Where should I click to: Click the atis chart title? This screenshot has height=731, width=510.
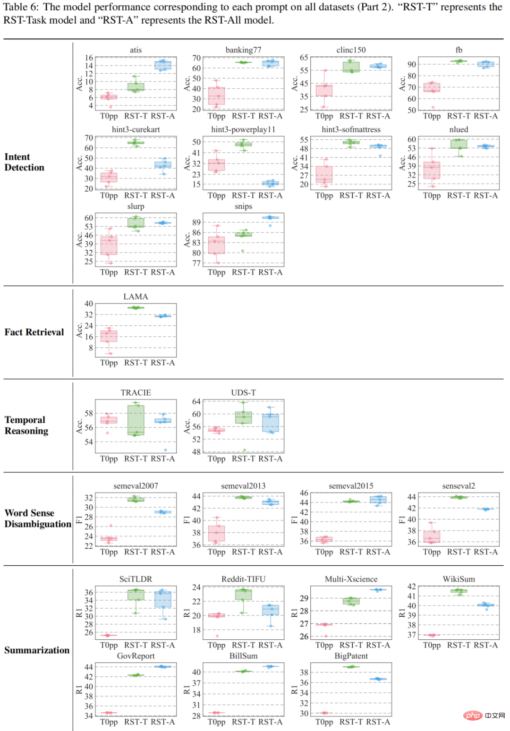pyautogui.click(x=136, y=50)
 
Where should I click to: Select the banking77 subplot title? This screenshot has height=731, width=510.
pyautogui.click(x=243, y=50)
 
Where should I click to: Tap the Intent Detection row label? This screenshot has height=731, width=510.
pyautogui.click(x=25, y=162)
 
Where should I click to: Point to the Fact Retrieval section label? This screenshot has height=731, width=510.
pyautogui.click(x=34, y=332)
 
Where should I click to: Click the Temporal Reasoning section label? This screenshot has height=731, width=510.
pyautogui.click(x=26, y=425)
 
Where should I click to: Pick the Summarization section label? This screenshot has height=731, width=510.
pyautogui.click(x=37, y=650)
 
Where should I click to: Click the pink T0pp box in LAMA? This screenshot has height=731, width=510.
pyautogui.click(x=109, y=336)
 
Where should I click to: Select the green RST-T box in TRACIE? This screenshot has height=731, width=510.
pyautogui.click(x=136, y=420)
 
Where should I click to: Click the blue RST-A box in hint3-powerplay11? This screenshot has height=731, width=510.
pyautogui.click(x=271, y=183)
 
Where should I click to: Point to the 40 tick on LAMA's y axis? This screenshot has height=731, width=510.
pyautogui.click(x=89, y=304)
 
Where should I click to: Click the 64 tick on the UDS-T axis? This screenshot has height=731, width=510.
pyautogui.click(x=196, y=401)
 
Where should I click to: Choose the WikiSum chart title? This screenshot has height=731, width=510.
pyautogui.click(x=459, y=579)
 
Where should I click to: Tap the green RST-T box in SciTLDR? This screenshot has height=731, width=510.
pyautogui.click(x=136, y=595)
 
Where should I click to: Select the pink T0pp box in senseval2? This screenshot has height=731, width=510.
pyautogui.click(x=432, y=536)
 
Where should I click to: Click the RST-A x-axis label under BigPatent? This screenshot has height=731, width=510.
pyautogui.click(x=378, y=722)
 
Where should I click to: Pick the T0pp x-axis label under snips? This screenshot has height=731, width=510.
pyautogui.click(x=216, y=272)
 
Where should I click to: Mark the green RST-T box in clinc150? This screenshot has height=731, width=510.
pyautogui.click(x=351, y=67)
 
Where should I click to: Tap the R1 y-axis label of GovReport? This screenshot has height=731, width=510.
pyautogui.click(x=79, y=690)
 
